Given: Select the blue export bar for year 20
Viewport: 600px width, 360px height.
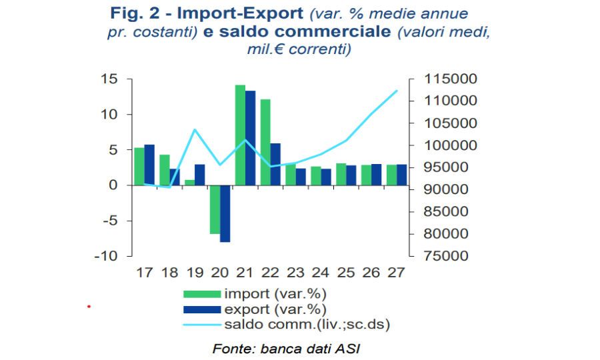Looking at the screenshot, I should (225, 213).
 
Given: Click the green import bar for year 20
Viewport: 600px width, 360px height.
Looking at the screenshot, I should (215, 209).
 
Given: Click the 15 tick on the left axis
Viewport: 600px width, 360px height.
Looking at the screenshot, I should (109, 79).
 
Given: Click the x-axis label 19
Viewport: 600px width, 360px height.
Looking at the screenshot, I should (195, 273).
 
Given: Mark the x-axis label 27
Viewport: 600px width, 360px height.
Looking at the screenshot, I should (397, 273).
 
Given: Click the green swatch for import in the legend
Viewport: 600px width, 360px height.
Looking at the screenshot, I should (202, 294).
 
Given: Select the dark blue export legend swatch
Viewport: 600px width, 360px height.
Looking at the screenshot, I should (202, 309).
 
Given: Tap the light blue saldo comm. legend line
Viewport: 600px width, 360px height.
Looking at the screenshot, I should (202, 325).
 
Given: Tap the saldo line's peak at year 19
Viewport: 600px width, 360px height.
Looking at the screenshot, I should (195, 129).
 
